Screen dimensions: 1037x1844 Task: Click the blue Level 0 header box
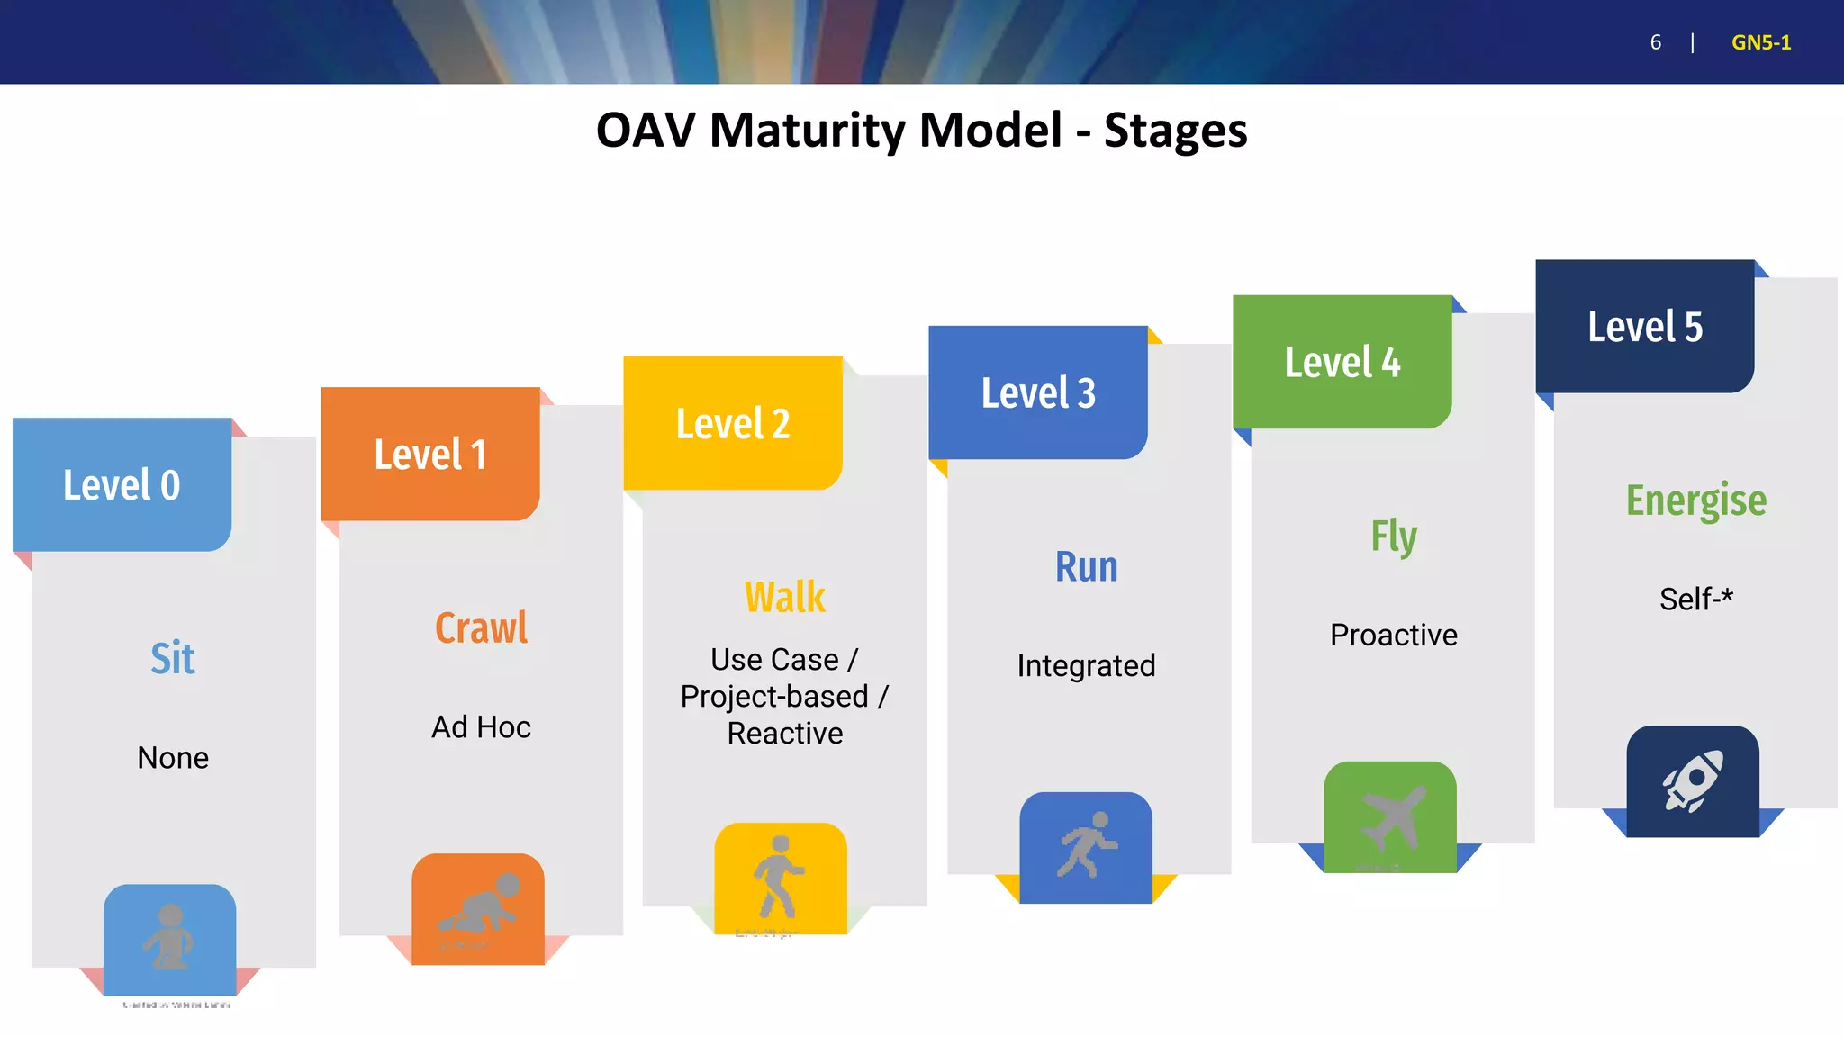coord(122,484)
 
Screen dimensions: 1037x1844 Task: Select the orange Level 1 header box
coord(430,454)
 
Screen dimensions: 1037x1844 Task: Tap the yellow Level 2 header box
coord(733,423)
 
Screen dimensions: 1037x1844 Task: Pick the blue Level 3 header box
coord(1038,392)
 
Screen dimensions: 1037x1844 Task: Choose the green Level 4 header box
coord(1342,362)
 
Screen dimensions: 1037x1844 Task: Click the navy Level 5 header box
coord(1645,326)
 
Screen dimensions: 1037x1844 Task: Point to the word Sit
coord(172,658)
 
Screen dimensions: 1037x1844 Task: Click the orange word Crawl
coord(481,627)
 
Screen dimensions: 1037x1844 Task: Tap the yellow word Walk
coord(784,597)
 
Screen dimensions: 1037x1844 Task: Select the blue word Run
coord(1086,567)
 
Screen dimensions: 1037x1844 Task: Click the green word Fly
coord(1393,537)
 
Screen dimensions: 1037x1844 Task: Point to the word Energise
coord(1695,500)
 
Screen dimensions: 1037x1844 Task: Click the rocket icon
coord(1693,780)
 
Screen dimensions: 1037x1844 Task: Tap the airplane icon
coord(1392,817)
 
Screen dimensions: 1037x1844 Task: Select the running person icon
coord(1086,844)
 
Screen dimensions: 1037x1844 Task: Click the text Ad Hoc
coord(481,726)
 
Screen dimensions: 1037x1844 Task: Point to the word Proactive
coord(1393,635)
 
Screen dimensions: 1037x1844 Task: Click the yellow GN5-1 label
coord(1760,42)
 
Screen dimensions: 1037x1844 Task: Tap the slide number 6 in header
coord(1655,42)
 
